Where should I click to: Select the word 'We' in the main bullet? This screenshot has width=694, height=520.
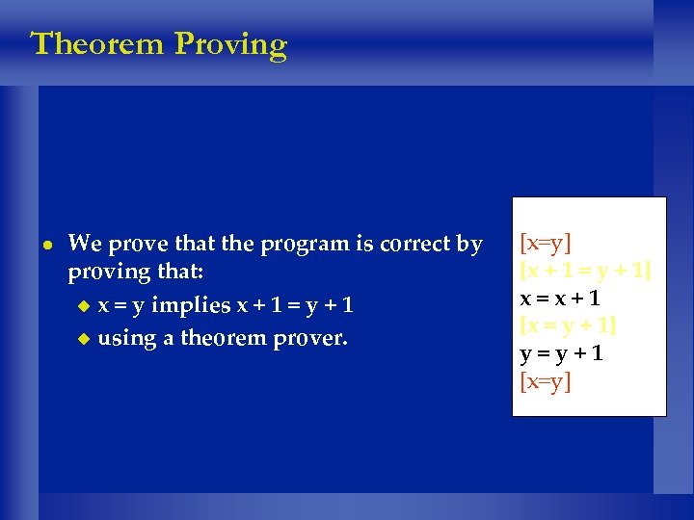[x=82, y=244]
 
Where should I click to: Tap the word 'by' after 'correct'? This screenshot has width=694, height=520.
[x=469, y=246]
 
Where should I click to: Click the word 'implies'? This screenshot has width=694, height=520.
[x=192, y=306]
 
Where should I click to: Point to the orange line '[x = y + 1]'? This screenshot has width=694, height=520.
[x=568, y=325]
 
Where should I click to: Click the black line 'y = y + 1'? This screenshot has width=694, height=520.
[x=562, y=352]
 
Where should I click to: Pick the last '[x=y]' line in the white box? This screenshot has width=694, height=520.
[x=546, y=381]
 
